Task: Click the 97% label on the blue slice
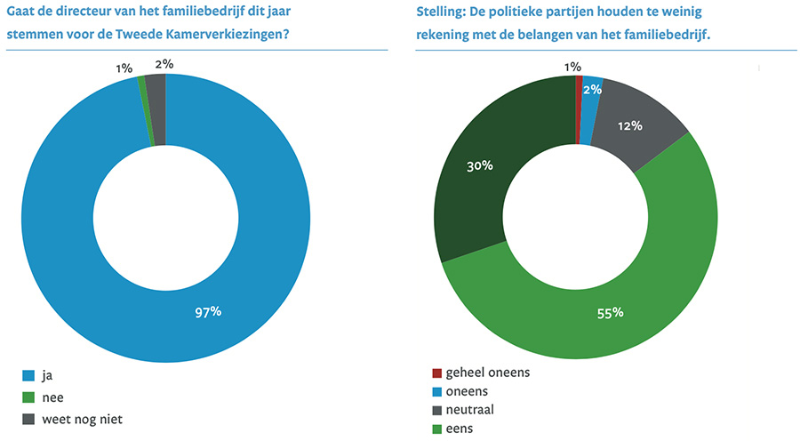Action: click(208, 311)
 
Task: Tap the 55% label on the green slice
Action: click(610, 312)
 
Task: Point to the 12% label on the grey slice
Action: click(630, 125)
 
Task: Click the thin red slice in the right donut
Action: click(579, 83)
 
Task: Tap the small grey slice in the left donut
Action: click(156, 83)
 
